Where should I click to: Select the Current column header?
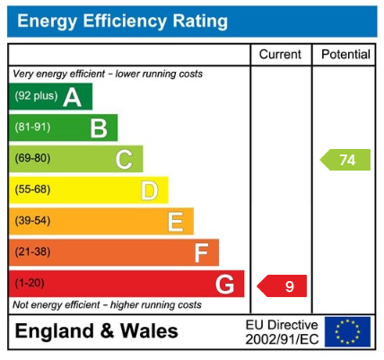(x=280, y=55)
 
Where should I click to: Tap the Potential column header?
(x=345, y=55)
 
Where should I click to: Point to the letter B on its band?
(x=98, y=128)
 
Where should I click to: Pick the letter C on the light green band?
(x=124, y=160)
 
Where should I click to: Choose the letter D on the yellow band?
(x=149, y=190)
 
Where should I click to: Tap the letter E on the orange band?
(x=175, y=222)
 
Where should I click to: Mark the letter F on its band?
(x=201, y=253)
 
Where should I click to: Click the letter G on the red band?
(x=226, y=285)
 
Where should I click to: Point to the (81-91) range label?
(x=33, y=128)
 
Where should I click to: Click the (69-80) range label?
(x=33, y=160)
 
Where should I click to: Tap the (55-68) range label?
(x=33, y=190)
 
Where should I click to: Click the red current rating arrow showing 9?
(x=283, y=286)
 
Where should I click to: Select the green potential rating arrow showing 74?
(x=346, y=161)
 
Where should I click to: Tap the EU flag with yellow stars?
(x=347, y=331)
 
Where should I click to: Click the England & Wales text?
(x=96, y=331)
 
